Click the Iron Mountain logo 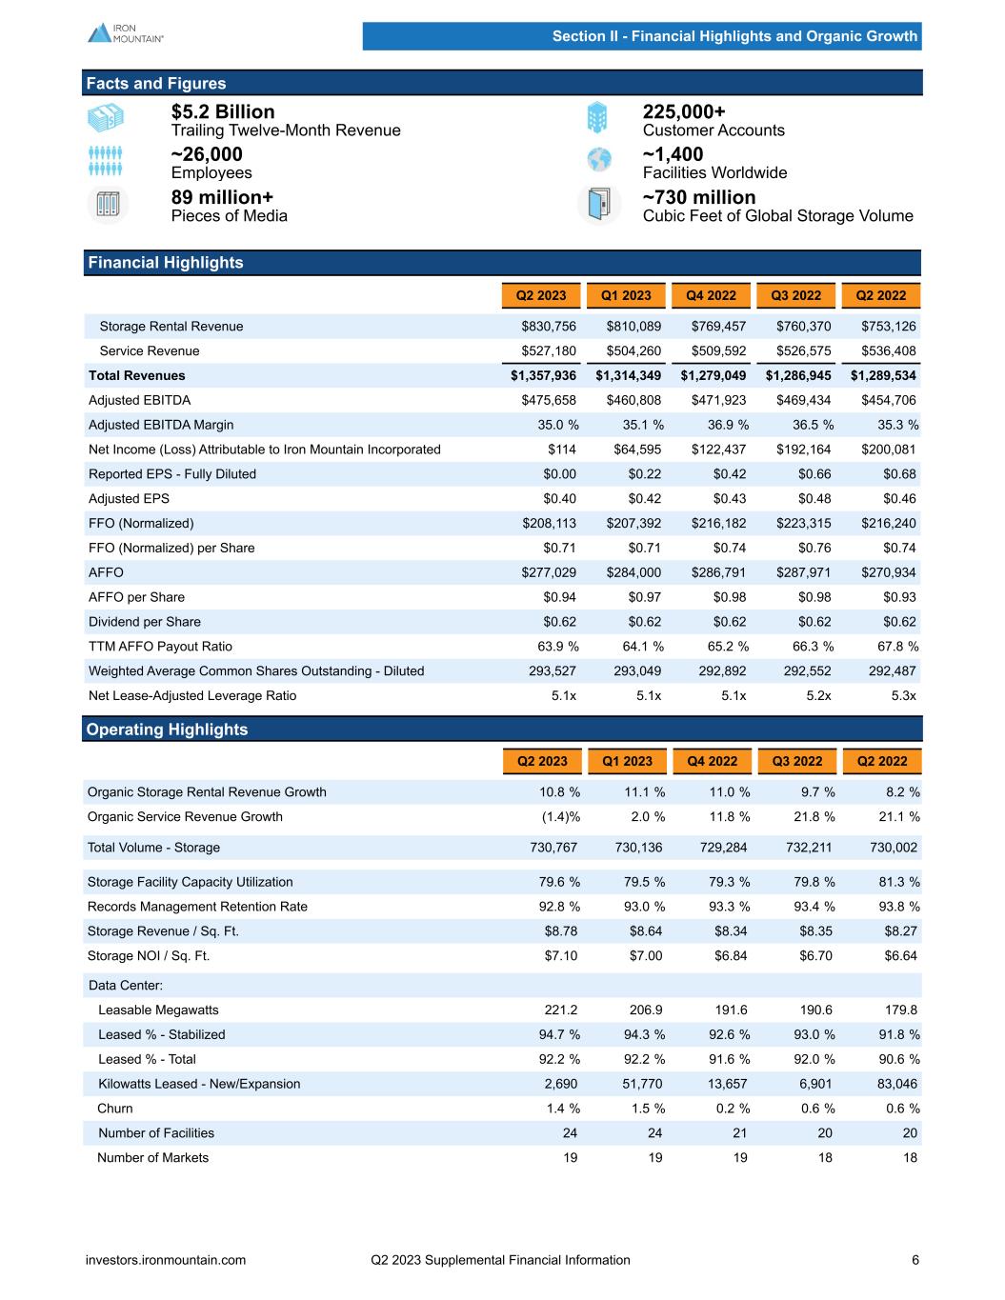pos(126,32)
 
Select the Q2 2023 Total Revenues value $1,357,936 pos(543,375)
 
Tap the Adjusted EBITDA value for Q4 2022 pos(718,400)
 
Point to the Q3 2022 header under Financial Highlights pos(796,295)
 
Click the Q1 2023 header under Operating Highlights pos(627,761)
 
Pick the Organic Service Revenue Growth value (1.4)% pos(555,816)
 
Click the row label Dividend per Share pos(145,622)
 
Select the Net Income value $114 pos(562,450)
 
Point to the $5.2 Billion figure pos(223,111)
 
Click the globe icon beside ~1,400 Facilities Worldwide pos(598,161)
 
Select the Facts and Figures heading pos(156,83)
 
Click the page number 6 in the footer pos(915,1260)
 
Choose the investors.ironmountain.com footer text pos(166,1260)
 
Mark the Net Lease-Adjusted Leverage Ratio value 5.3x pos(901,696)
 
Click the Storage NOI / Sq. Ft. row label pos(149,956)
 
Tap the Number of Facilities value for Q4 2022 pos(739,1133)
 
